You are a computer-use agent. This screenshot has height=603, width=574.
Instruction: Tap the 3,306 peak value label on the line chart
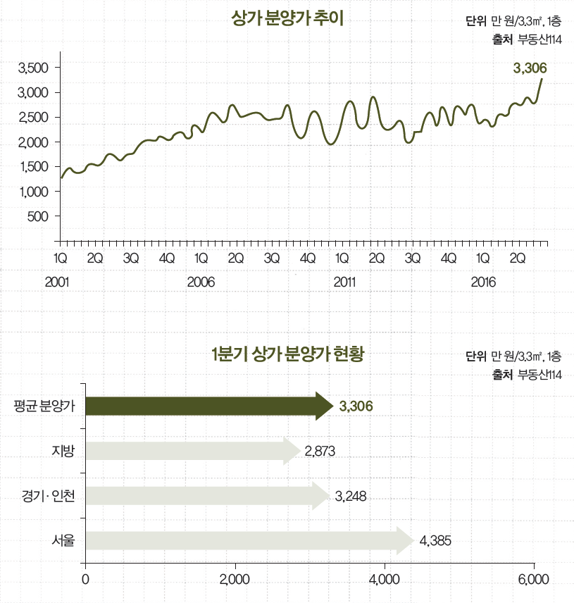[530, 68]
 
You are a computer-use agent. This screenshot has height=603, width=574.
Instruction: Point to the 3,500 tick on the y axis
[32, 68]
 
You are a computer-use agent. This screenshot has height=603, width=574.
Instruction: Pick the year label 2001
[57, 282]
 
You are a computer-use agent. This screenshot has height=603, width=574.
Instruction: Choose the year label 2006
[201, 282]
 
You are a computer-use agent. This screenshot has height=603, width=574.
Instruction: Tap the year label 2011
[344, 282]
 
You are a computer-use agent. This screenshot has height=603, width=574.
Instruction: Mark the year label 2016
[483, 282]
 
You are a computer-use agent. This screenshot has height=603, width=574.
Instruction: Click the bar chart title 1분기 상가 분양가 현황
[287, 354]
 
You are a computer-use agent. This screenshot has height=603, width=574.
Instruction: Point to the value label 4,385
[435, 541]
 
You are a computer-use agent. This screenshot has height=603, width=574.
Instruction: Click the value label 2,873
[320, 451]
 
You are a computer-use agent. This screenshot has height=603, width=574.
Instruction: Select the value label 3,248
[351, 496]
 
